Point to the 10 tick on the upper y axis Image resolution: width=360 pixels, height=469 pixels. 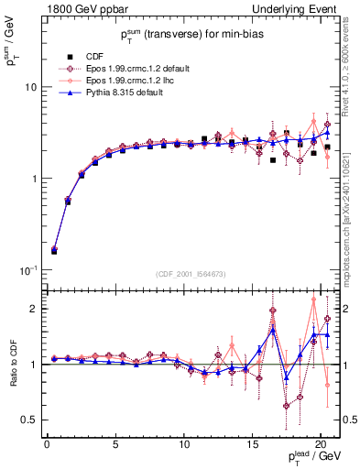tap(29, 87)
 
